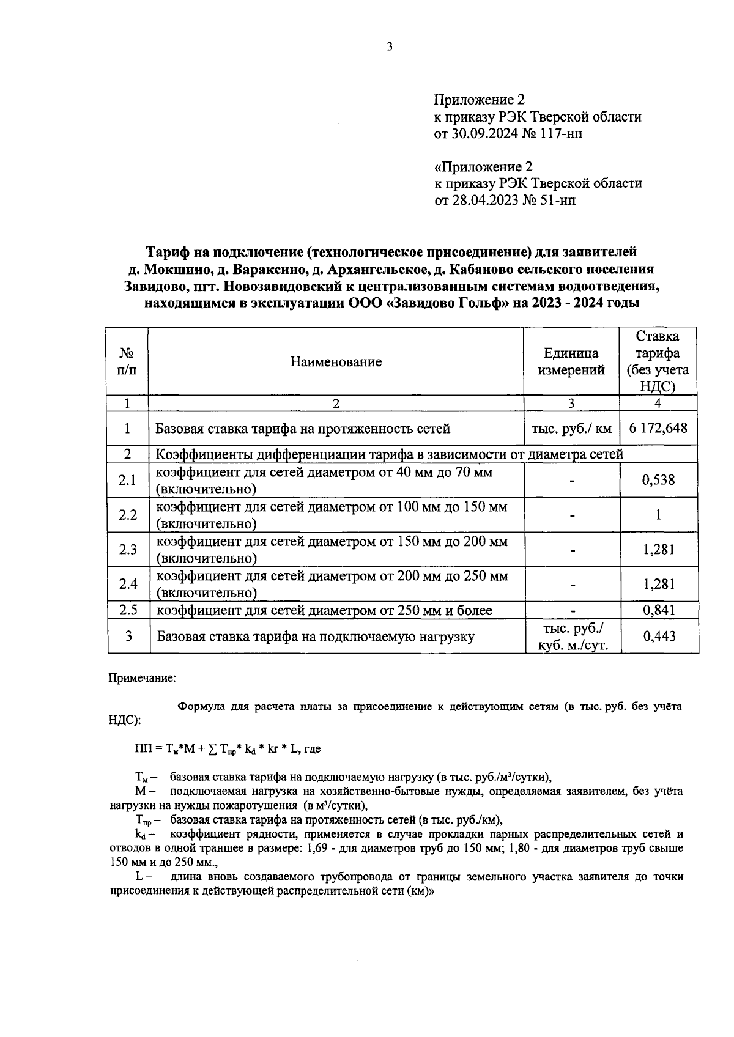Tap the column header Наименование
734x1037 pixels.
click(336, 362)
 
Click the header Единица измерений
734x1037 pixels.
click(571, 361)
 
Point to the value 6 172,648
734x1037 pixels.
click(658, 428)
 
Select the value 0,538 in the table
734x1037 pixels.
click(658, 480)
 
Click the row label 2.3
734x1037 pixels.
click(128, 550)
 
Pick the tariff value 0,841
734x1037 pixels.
click(658, 610)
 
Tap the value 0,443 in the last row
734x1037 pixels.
click(659, 637)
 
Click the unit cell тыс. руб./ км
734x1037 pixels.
click(571, 429)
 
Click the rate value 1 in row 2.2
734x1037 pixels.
click(659, 515)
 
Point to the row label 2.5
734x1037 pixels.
click(128, 610)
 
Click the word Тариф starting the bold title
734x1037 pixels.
click(166, 251)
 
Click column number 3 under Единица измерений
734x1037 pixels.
click(571, 404)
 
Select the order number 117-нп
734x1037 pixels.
click(561, 133)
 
